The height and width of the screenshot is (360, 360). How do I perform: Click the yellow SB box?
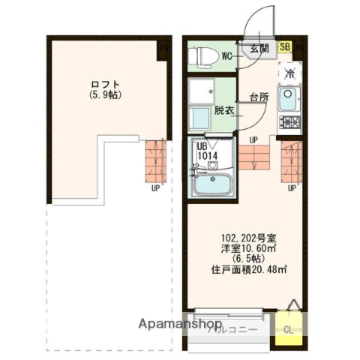pos(285,46)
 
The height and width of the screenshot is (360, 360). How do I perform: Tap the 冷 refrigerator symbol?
pos(289,73)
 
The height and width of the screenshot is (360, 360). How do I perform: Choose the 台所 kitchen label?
pos(259,97)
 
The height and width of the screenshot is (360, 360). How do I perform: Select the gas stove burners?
pos(289,122)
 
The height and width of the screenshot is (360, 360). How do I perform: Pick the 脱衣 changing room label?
pos(223,110)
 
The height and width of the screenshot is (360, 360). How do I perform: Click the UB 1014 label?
pos(208,151)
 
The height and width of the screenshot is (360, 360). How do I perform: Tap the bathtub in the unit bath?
pos(211,184)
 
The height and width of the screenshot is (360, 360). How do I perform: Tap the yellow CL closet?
pos(289,328)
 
